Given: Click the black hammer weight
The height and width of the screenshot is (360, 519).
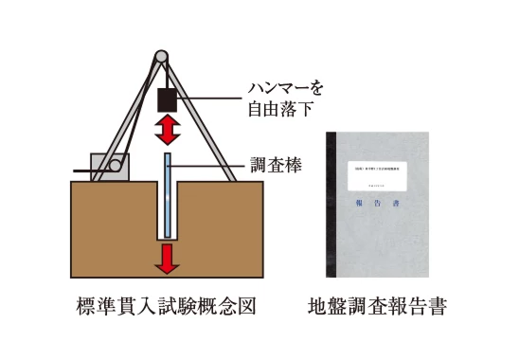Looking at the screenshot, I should click(167, 99).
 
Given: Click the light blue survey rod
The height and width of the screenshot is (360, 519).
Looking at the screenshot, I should click(167, 194).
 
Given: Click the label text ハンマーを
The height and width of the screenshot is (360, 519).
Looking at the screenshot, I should click(283, 89).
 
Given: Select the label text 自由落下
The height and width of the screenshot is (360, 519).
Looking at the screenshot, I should click(280, 109).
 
